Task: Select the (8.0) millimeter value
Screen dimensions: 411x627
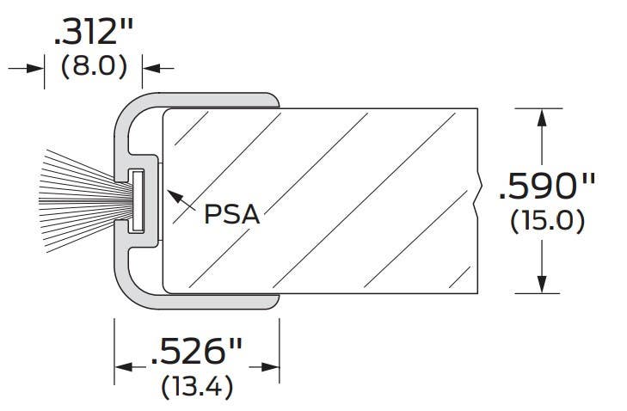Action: click(x=95, y=67)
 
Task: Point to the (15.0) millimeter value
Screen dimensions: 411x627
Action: click(x=548, y=220)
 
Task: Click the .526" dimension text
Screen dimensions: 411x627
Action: click(x=197, y=353)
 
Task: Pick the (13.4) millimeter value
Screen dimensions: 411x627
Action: click(x=197, y=387)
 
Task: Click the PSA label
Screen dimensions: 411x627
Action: click(x=231, y=213)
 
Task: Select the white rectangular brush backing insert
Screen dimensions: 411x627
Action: click(x=136, y=200)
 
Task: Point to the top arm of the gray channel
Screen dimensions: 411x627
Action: click(x=215, y=98)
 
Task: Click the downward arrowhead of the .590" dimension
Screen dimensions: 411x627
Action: click(x=541, y=285)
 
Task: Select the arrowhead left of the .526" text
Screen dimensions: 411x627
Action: click(x=123, y=367)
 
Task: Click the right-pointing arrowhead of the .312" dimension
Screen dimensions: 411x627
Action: click(x=36, y=67)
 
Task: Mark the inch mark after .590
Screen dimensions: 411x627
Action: click(x=588, y=180)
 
